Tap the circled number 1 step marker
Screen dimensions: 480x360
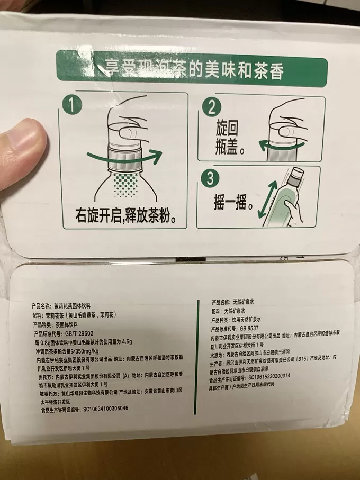click(73, 106)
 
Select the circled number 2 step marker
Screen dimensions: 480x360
click(211, 108)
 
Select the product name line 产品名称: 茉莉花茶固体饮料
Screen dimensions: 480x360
click(63, 306)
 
